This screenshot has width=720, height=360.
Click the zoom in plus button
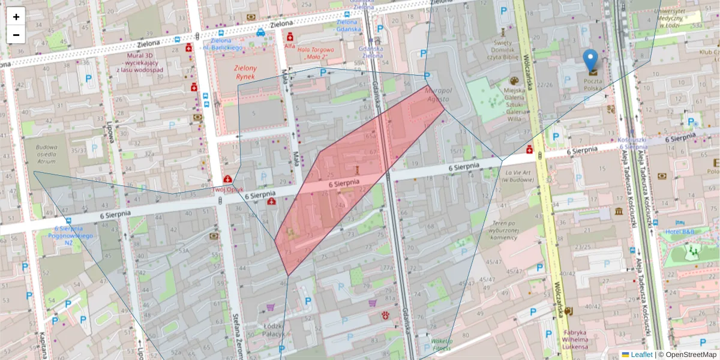tap(16, 17)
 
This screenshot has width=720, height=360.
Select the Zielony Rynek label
tap(245, 73)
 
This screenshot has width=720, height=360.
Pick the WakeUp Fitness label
tap(441, 344)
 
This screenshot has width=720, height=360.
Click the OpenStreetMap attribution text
tap(691, 355)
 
